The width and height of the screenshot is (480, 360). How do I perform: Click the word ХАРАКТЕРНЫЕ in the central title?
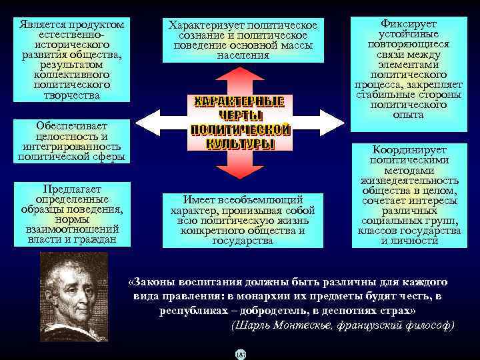coord(239,102)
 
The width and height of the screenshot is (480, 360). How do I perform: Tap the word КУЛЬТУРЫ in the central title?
coord(239,144)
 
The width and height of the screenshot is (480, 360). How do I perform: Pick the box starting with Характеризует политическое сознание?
coord(243,40)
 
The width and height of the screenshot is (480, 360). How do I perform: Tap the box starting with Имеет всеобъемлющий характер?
coord(243,219)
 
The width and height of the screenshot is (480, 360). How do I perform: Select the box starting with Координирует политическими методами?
coord(410,195)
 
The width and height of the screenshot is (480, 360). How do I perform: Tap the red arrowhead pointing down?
coord(240,171)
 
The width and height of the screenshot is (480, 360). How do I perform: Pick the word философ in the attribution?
coord(427,326)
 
